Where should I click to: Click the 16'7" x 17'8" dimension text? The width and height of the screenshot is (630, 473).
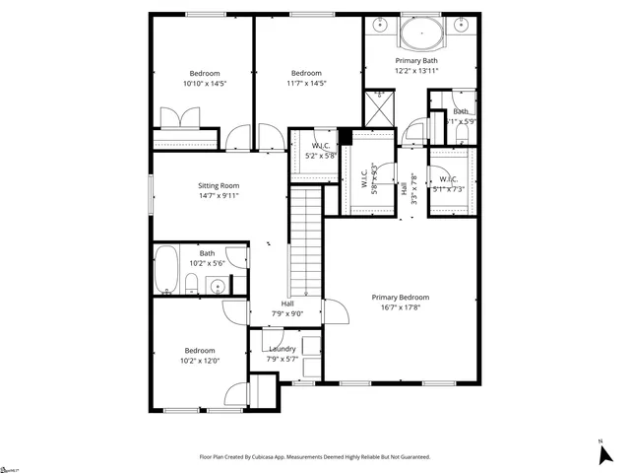(x=400, y=306)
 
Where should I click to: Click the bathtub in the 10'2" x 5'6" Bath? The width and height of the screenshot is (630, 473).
(x=165, y=272)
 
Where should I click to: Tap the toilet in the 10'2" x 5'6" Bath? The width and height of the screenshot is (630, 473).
(x=191, y=285)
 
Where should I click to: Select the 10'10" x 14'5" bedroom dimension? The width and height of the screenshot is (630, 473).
(x=205, y=84)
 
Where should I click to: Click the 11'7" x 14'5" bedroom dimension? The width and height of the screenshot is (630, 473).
(x=305, y=84)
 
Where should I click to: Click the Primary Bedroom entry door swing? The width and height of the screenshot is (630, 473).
(x=337, y=312)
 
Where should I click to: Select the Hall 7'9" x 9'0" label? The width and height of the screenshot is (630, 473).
(x=287, y=309)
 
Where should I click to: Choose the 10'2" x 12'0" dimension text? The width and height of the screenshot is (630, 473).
(x=200, y=361)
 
